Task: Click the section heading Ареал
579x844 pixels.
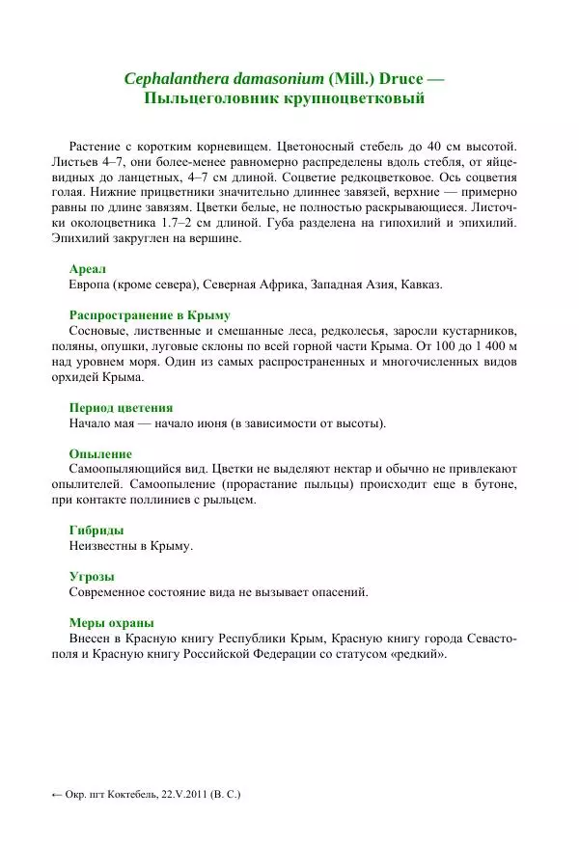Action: pos(87,269)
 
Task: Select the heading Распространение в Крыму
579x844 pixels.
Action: pos(150,315)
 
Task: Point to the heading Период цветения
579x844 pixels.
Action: pos(122,407)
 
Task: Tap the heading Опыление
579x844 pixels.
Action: pos(100,453)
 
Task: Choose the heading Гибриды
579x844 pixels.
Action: pos(96,530)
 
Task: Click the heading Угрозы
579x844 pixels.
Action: pos(92,576)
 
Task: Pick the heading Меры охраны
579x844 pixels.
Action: pos(112,622)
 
